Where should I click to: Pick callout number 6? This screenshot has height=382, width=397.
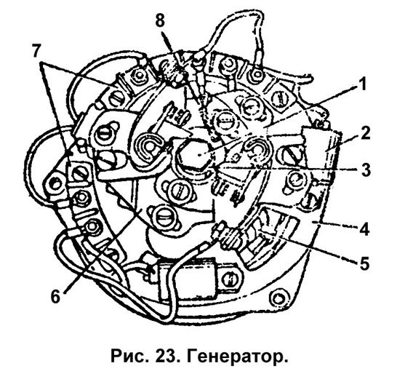(x=56, y=297)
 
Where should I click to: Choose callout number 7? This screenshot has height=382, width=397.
(x=36, y=51)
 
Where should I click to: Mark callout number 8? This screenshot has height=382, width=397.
(x=160, y=21)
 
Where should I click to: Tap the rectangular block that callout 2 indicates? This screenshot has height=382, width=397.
(x=321, y=149)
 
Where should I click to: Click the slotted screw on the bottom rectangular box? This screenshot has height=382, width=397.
(x=230, y=279)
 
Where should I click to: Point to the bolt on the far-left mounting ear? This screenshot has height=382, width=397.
(x=54, y=184)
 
